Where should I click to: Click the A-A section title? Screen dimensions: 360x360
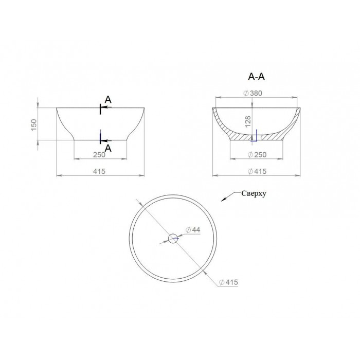click(257, 77)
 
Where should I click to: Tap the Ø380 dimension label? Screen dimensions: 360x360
click(253, 93)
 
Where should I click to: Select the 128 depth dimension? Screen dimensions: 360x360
click(248, 122)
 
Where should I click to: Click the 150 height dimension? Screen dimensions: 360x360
click(33, 125)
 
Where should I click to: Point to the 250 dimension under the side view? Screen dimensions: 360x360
click(99, 155)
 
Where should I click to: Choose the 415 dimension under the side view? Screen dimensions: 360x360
click(99, 171)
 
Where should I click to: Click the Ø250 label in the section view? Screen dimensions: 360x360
click(257, 155)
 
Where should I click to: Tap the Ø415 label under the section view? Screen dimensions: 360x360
click(257, 171)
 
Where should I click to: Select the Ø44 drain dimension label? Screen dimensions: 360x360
click(193, 229)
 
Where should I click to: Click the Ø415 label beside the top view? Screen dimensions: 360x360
click(229, 282)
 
